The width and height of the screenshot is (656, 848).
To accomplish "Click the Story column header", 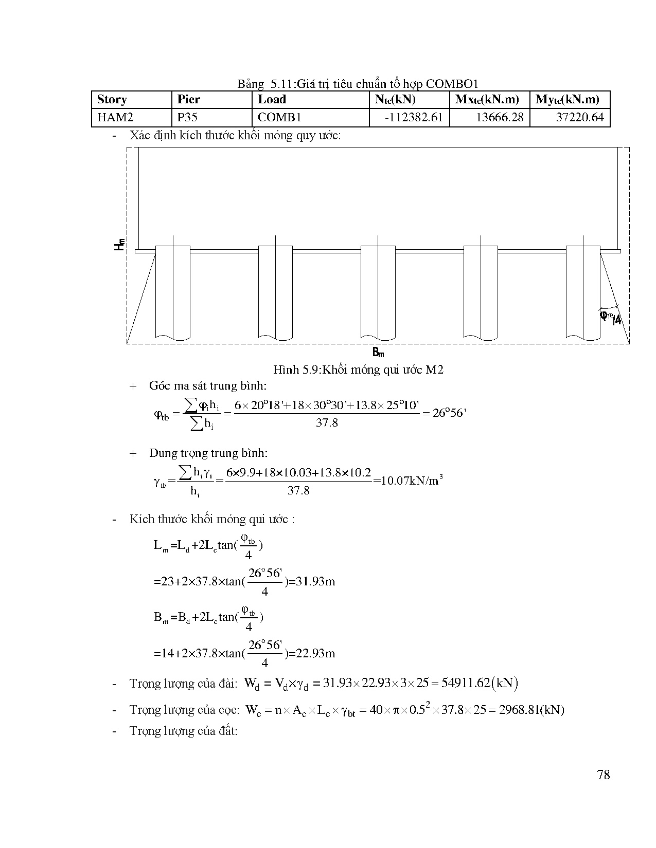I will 112,100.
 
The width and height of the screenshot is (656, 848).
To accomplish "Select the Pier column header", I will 189,100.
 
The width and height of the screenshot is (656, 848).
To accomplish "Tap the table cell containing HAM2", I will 115,118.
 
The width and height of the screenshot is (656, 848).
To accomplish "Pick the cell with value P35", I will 188,118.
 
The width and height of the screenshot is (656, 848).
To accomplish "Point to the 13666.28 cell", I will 499,118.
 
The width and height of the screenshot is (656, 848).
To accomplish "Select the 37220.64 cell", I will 579,118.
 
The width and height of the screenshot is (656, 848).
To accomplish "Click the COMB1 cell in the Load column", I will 279,118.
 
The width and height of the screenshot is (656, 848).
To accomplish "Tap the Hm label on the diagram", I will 119,244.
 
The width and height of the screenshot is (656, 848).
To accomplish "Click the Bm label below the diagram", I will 378,353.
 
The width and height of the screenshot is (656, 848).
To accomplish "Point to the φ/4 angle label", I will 611,318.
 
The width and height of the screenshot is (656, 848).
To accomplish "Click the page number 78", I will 604,775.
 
